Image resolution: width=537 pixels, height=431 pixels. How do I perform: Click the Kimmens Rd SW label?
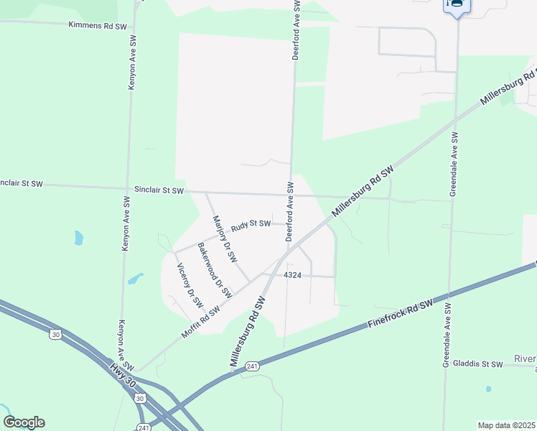click(98, 26)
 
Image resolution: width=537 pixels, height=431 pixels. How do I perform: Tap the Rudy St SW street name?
click(251, 225)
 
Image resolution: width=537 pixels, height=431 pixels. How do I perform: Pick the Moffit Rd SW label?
click(199, 322)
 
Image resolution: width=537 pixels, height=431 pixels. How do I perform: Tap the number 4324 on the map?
click(292, 275)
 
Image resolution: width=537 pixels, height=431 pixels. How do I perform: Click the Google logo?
click(24, 422)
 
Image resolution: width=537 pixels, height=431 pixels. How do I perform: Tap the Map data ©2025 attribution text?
click(507, 425)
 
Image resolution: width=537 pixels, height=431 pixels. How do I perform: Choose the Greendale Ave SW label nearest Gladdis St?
click(447, 335)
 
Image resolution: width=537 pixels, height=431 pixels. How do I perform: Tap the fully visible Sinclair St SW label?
click(159, 190)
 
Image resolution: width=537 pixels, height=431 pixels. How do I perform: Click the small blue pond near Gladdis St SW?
click(488, 389)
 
